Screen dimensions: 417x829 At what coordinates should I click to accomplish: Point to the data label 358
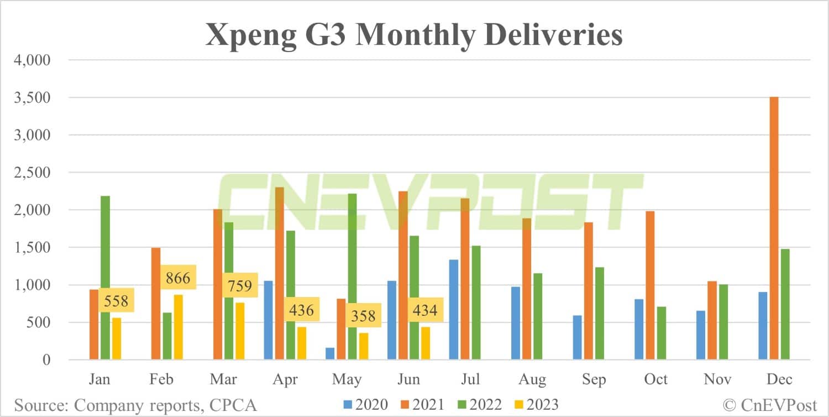coord(363,316)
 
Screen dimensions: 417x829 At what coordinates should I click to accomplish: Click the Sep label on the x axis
coord(593,379)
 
